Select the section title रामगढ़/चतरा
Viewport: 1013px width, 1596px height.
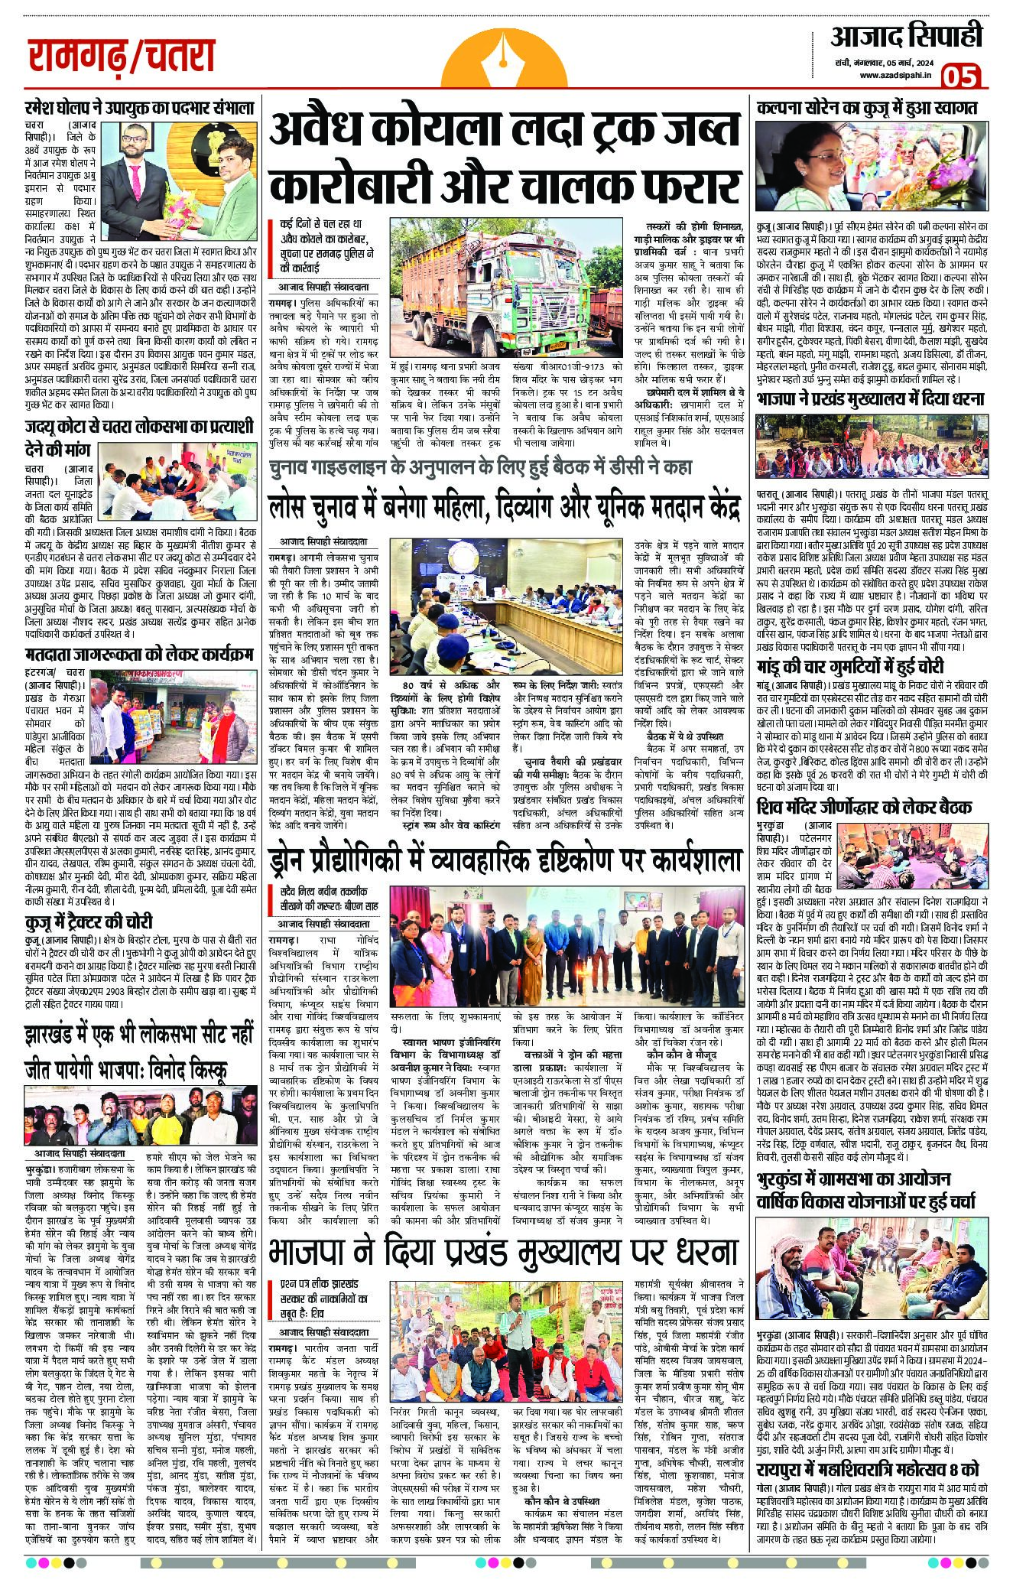point(121,56)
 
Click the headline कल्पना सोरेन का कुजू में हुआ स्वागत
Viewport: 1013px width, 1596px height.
point(867,108)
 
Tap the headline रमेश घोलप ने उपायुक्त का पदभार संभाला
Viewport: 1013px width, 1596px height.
point(139,108)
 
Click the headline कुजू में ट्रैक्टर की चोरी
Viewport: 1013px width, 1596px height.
point(88,921)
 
